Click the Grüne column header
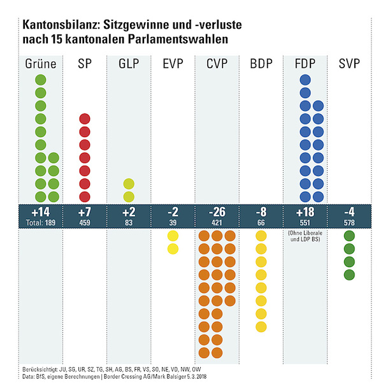(41, 64)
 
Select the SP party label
(85, 64)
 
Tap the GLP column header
(129, 64)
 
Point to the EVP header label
(173, 64)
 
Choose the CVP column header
(217, 64)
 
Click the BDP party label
(261, 64)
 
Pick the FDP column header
(305, 64)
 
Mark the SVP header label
(349, 64)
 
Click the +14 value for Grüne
(41, 212)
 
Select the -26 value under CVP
(217, 212)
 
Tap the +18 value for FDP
(305, 212)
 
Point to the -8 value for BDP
(261, 212)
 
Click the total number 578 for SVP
(349, 223)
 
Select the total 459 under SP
(85, 223)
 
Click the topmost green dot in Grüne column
(41, 80)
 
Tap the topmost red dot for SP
(85, 119)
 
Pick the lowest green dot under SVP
(349, 275)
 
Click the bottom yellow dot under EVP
(173, 249)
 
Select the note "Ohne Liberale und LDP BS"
(305, 238)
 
